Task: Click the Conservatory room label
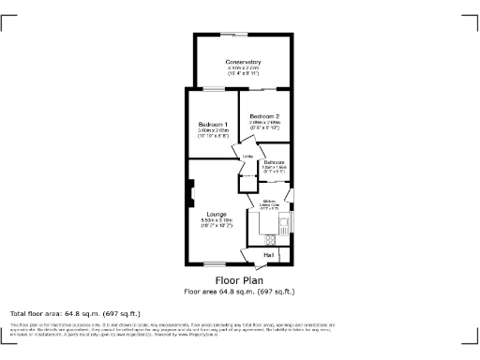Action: pyautogui.click(x=243, y=62)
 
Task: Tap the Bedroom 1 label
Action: pyautogui.click(x=213, y=126)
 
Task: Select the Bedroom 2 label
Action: pyautogui.click(x=265, y=115)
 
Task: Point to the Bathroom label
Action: pyautogui.click(x=274, y=163)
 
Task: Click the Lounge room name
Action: pyautogui.click(x=216, y=214)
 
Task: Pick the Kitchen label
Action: pyautogui.click(x=269, y=201)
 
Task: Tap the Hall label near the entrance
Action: pyautogui.click(x=268, y=255)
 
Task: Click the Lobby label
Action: pyautogui.click(x=248, y=156)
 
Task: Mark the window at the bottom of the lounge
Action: pyautogui.click(x=215, y=264)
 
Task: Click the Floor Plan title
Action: pyautogui.click(x=239, y=280)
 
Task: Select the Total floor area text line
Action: pyautogui.click(x=74, y=313)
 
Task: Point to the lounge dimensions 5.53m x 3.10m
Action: pyautogui.click(x=216, y=221)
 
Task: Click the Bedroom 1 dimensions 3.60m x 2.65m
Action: pyautogui.click(x=213, y=132)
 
